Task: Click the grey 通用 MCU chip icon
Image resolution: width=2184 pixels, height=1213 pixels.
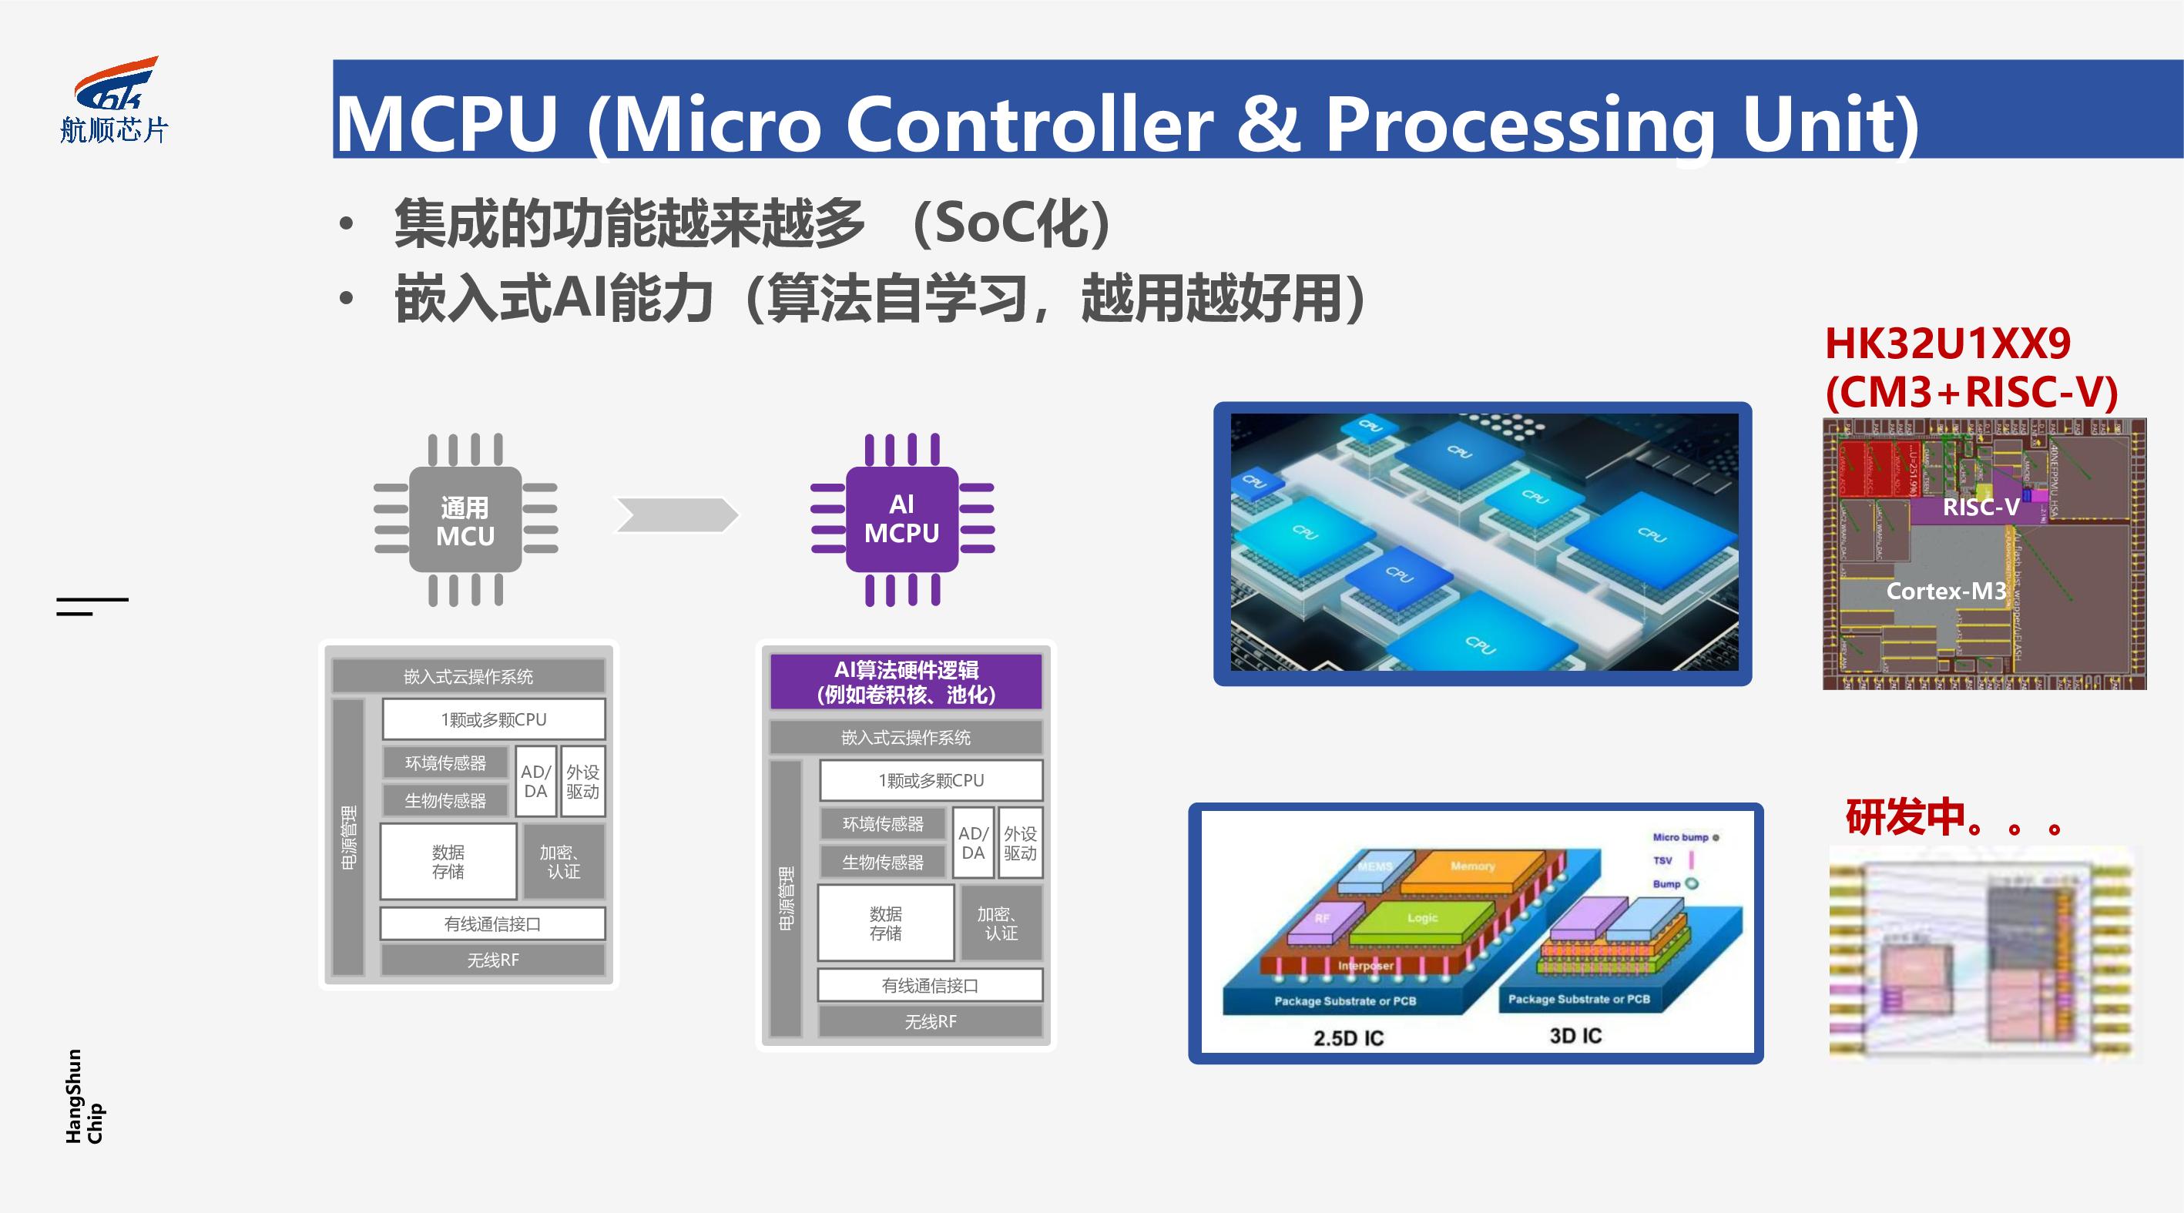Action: pyautogui.click(x=465, y=521)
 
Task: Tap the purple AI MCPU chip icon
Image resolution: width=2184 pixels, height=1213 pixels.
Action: pyautogui.click(x=902, y=519)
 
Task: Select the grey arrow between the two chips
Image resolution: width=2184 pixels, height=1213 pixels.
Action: pyautogui.click(x=676, y=514)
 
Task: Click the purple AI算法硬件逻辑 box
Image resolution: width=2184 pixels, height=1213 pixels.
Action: pyautogui.click(x=905, y=682)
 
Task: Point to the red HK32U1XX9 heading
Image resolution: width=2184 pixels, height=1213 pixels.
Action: pyautogui.click(x=1947, y=344)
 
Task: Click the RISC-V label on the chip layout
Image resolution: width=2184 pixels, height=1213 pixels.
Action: pyautogui.click(x=1981, y=507)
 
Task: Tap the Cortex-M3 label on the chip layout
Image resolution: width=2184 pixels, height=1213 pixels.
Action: pyautogui.click(x=1946, y=591)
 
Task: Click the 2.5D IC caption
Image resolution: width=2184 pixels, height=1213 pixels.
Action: pyautogui.click(x=1348, y=1037)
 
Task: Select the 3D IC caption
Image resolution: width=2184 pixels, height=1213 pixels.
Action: pyautogui.click(x=1575, y=1035)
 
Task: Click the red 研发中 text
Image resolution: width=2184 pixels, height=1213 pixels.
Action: pyautogui.click(x=1906, y=817)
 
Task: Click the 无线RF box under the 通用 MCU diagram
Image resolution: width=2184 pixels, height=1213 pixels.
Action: pyautogui.click(x=492, y=960)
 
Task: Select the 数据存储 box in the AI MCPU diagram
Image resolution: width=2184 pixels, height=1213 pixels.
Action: pyautogui.click(x=886, y=923)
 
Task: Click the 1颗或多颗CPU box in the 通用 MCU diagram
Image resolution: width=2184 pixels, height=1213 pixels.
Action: pyautogui.click(x=494, y=719)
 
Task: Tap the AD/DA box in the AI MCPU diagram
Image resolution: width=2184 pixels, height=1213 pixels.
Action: pyautogui.click(x=972, y=843)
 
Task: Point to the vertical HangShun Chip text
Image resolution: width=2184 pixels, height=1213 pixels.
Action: pyautogui.click(x=85, y=1096)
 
